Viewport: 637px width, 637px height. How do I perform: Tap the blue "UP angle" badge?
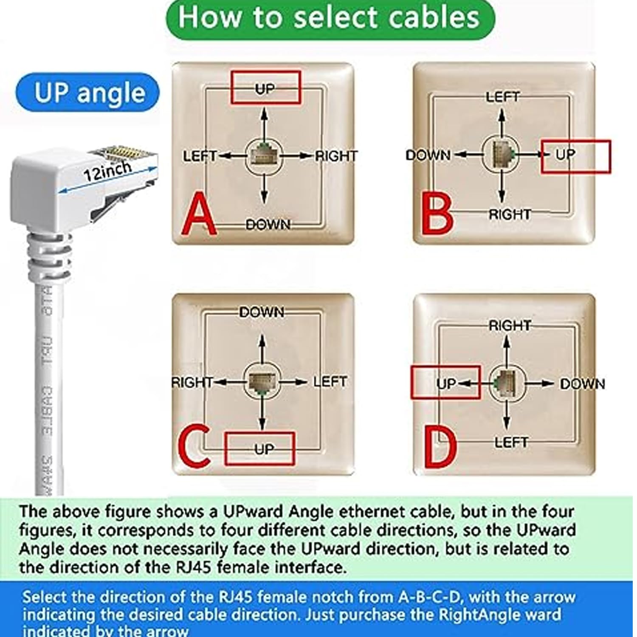click(x=88, y=93)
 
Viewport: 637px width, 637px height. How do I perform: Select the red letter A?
click(x=199, y=215)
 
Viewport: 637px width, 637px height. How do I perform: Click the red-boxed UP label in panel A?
click(x=265, y=88)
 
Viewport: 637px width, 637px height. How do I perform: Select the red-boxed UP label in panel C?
click(x=264, y=449)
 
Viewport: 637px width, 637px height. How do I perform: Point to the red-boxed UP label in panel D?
click(x=446, y=383)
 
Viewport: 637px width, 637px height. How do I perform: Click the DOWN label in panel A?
click(x=268, y=224)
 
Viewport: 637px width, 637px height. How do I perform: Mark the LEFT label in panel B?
click(x=502, y=97)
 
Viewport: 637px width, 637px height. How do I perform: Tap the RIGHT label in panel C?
click(x=192, y=383)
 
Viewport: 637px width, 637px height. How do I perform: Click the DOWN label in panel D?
click(x=582, y=384)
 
